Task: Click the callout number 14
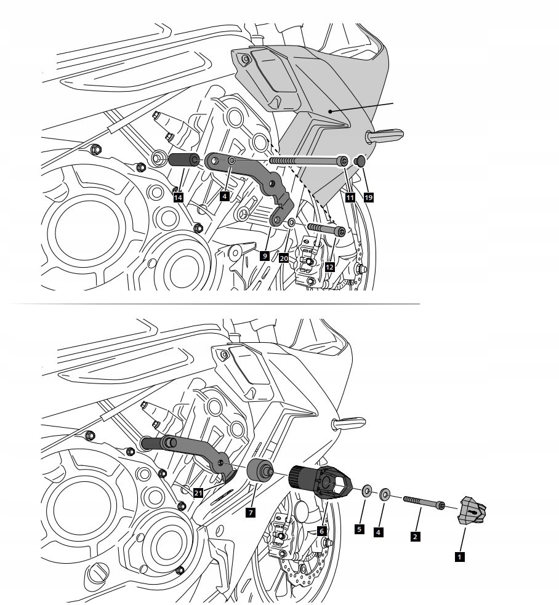(x=178, y=198)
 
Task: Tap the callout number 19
(x=368, y=198)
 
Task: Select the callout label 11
(x=350, y=198)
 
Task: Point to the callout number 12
(x=330, y=267)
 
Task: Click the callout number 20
(x=283, y=258)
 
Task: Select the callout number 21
(x=198, y=492)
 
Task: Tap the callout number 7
(x=251, y=512)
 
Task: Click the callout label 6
(x=321, y=531)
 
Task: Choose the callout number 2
(x=416, y=536)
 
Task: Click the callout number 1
(x=458, y=557)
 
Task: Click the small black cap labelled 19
(x=361, y=161)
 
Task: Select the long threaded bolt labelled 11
(x=308, y=161)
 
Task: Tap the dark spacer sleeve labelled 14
(x=182, y=161)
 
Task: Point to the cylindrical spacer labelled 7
(x=261, y=472)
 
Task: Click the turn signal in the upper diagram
(x=385, y=135)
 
